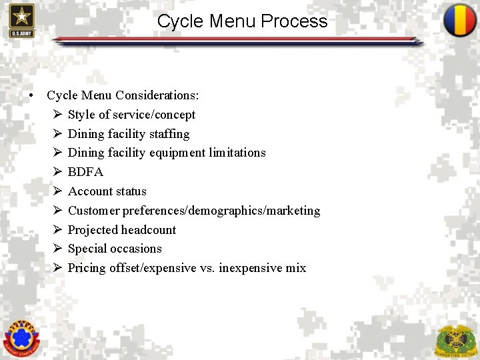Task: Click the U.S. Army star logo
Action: click(x=21, y=19)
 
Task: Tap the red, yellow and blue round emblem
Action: click(x=460, y=20)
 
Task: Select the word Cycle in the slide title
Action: click(x=181, y=21)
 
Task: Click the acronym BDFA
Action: click(x=85, y=172)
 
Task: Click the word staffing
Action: click(x=169, y=134)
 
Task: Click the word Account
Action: click(x=90, y=191)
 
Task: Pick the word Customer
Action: click(x=95, y=211)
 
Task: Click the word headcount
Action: click(x=149, y=230)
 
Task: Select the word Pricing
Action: click(x=87, y=268)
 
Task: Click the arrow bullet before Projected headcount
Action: click(x=57, y=230)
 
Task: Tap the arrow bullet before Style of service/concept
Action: click(x=57, y=115)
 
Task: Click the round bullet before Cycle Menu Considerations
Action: click(x=31, y=96)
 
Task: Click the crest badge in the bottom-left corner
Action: click(x=21, y=337)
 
